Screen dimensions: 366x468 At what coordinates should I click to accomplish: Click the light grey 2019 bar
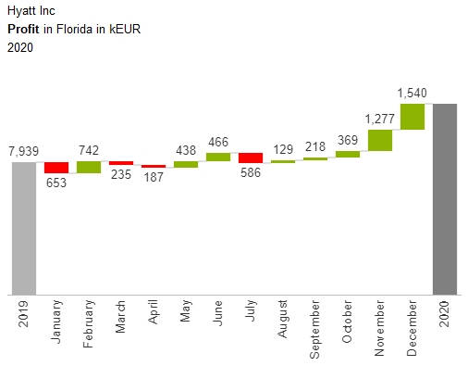pos(23,228)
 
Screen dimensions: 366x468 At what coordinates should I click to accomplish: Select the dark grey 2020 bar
pos(445,198)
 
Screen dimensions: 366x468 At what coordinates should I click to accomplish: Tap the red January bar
pos(56,168)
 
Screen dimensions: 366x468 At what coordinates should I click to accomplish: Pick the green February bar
pos(89,167)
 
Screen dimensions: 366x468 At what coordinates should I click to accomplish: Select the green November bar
pos(380,140)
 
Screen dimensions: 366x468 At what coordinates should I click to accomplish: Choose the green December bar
pos(413,116)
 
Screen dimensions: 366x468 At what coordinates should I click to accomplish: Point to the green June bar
pos(218,157)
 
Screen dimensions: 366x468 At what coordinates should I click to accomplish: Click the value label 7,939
pos(23,151)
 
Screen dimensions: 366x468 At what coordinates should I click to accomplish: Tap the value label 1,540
pos(413,93)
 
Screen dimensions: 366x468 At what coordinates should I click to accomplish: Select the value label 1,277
pos(380,118)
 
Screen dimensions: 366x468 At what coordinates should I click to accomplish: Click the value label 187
pos(154,178)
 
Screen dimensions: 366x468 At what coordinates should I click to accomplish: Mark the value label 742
pos(89,150)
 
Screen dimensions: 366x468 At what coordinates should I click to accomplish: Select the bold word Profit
pos(23,30)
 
